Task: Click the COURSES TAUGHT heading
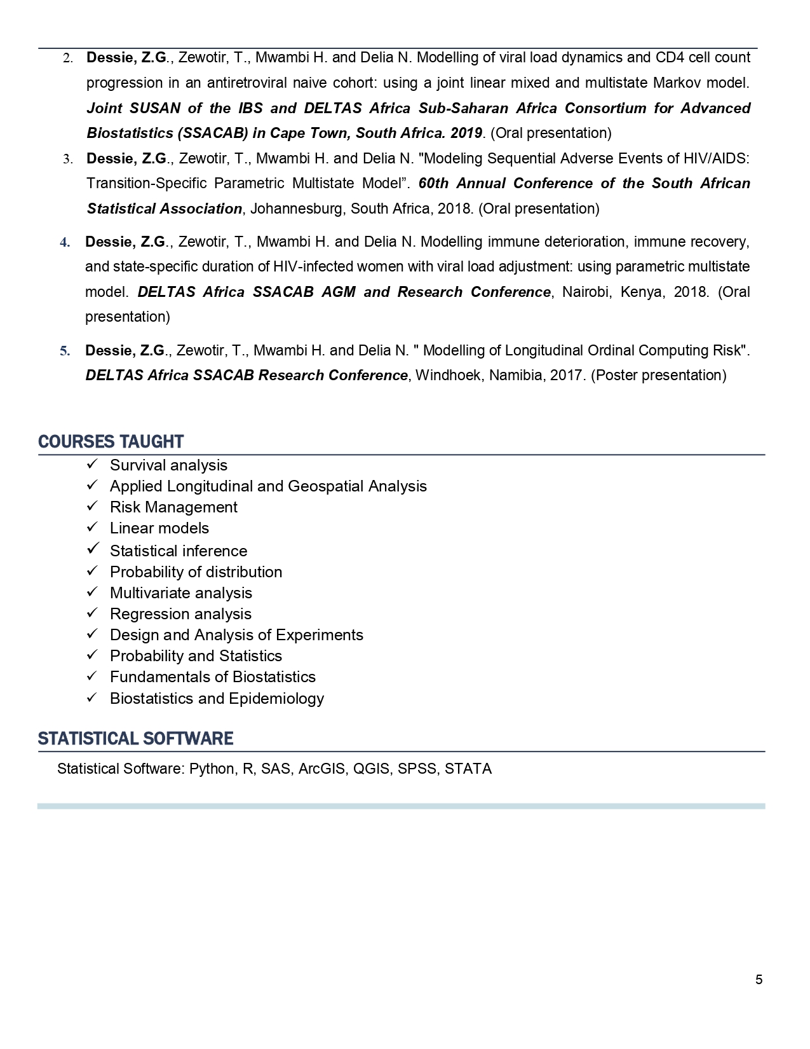coord(111,442)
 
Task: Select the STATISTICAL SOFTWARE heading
coord(135,739)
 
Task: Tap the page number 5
coord(759,980)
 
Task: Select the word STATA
coord(468,769)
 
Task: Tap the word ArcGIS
coord(322,769)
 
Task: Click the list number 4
coord(65,242)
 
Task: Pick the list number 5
coord(65,351)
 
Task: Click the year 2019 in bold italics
coord(466,134)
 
